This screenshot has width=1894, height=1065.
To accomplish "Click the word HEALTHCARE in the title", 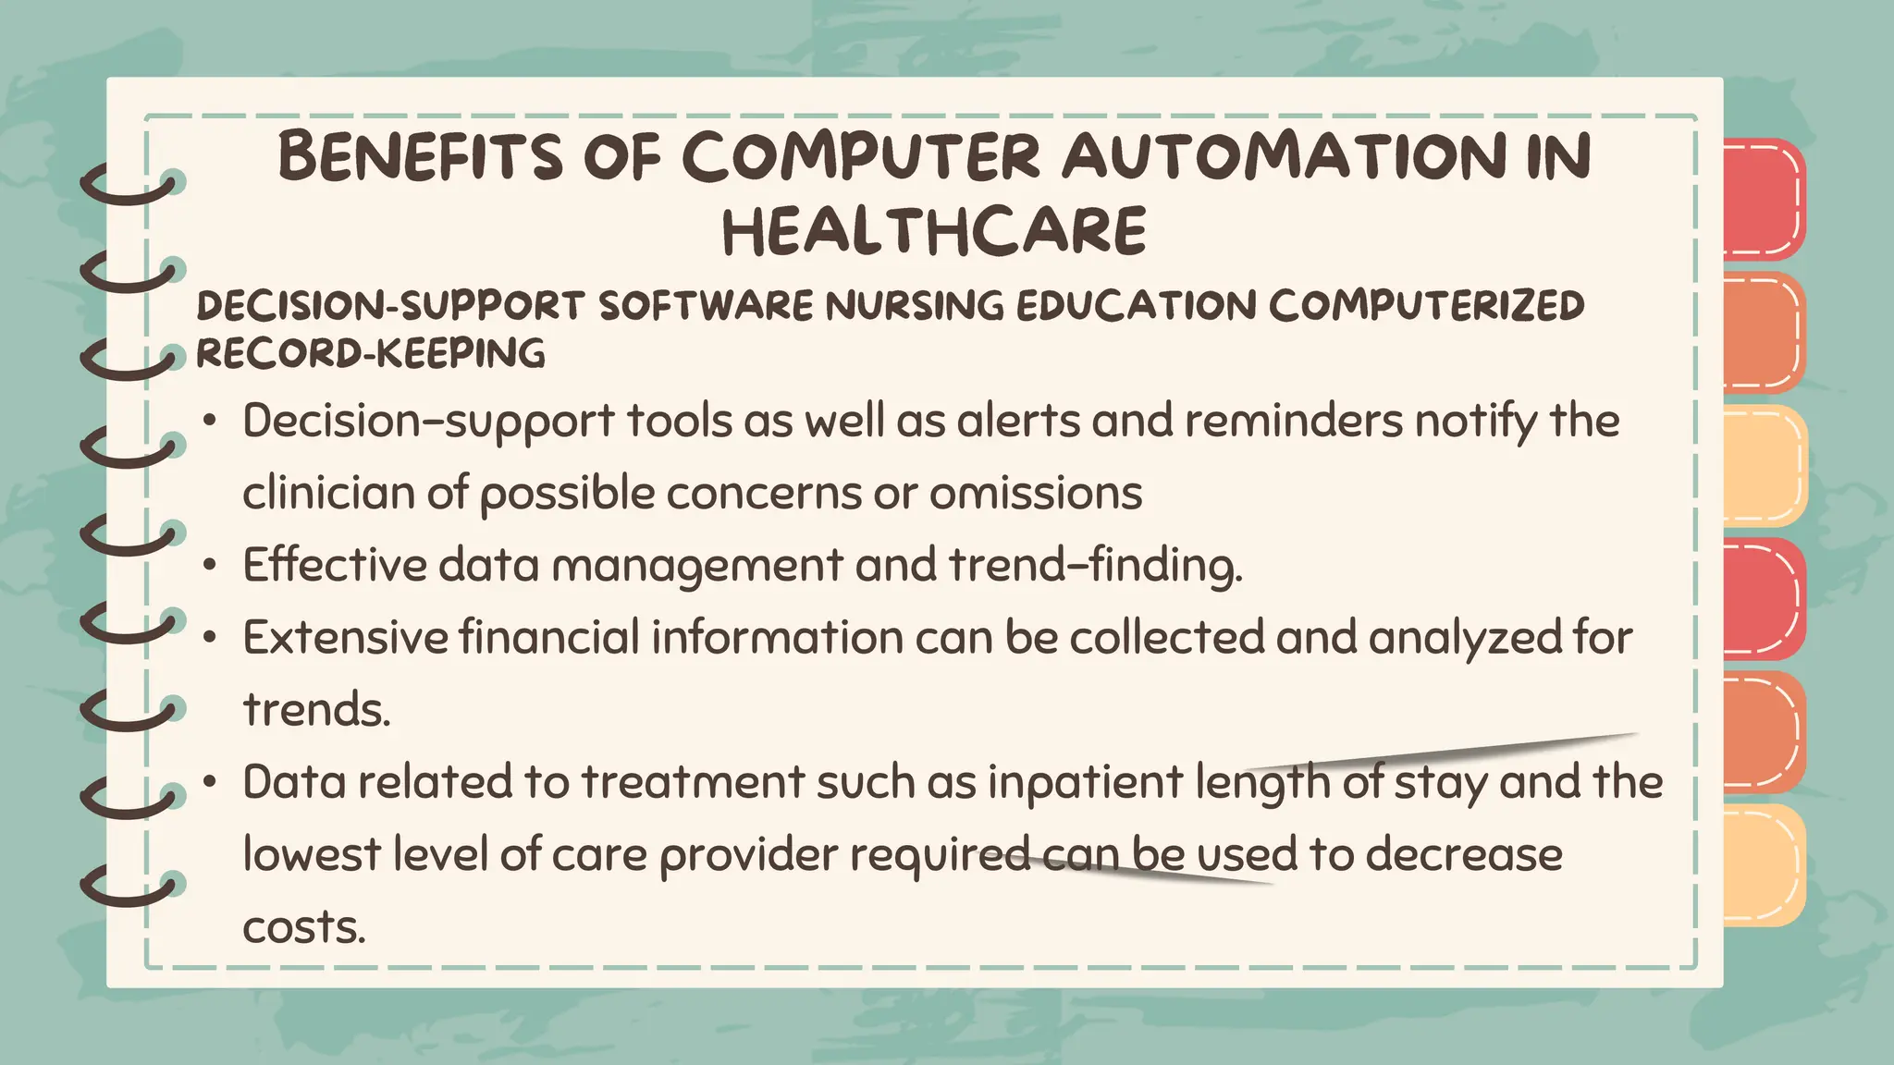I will tap(934, 231).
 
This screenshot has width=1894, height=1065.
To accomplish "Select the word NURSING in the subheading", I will tap(914, 306).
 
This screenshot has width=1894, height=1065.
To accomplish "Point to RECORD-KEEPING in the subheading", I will tap(371, 353).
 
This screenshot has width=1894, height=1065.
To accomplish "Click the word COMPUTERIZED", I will tap(1426, 306).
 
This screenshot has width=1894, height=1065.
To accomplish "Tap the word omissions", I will tap(1036, 493).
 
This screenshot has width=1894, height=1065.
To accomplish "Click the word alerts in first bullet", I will tap(1018, 421).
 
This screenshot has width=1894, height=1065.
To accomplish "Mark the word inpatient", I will tap(1085, 782).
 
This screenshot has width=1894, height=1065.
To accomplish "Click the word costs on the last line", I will tap(304, 926).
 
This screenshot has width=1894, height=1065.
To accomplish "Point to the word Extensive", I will tap(345, 637).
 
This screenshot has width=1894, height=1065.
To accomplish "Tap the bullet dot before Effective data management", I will tap(211, 565).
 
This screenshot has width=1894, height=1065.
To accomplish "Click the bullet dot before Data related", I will tap(211, 783).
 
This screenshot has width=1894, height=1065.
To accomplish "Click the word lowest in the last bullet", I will tap(312, 854).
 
